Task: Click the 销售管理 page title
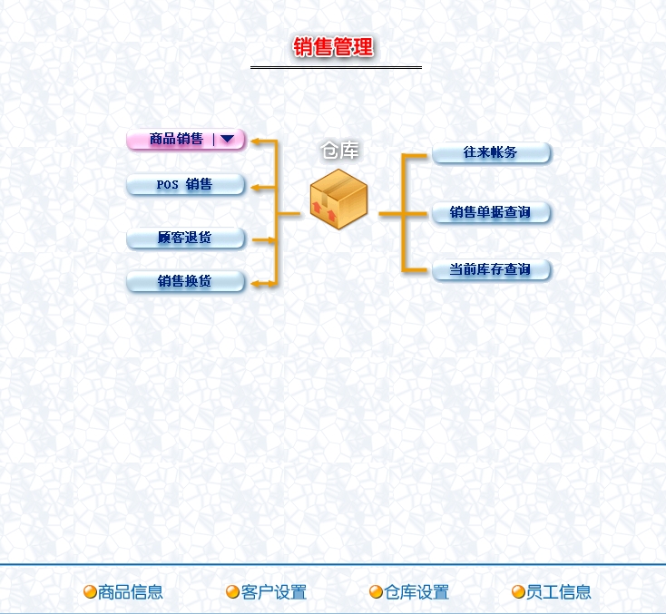[x=333, y=47]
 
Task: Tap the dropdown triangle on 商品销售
[x=227, y=140]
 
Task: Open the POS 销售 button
[x=185, y=185]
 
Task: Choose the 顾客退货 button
[x=185, y=239]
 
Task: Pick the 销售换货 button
[x=185, y=282]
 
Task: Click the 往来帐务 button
[x=491, y=152]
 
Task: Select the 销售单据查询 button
[x=491, y=213]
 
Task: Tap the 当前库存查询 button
[x=491, y=270]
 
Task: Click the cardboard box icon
[x=338, y=199]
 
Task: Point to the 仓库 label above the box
[x=340, y=151]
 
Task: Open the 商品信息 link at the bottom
[x=131, y=592]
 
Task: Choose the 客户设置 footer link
[x=274, y=592]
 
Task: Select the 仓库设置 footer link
[x=416, y=592]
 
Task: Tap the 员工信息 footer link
[x=559, y=592]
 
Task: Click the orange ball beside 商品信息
[x=90, y=592]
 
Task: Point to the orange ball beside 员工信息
[x=518, y=592]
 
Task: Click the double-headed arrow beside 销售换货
[x=264, y=284]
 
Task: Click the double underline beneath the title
[x=336, y=67]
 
